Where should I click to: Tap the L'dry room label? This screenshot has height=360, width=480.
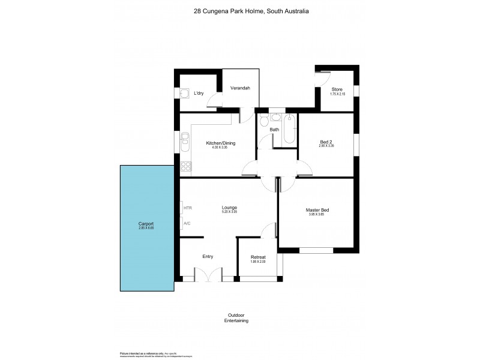[x=199, y=94]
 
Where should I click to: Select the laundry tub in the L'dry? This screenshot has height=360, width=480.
[x=185, y=93]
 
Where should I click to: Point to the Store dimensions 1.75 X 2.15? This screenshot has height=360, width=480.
[x=338, y=94]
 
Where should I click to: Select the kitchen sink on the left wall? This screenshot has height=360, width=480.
[x=185, y=143]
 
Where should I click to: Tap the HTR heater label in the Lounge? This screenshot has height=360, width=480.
[x=188, y=208]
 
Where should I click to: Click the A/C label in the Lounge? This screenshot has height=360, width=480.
[x=187, y=224]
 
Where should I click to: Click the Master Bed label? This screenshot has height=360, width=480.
[x=317, y=209]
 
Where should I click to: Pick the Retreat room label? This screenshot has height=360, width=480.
[x=258, y=257]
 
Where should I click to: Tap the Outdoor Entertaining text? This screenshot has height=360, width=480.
[x=238, y=318]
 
